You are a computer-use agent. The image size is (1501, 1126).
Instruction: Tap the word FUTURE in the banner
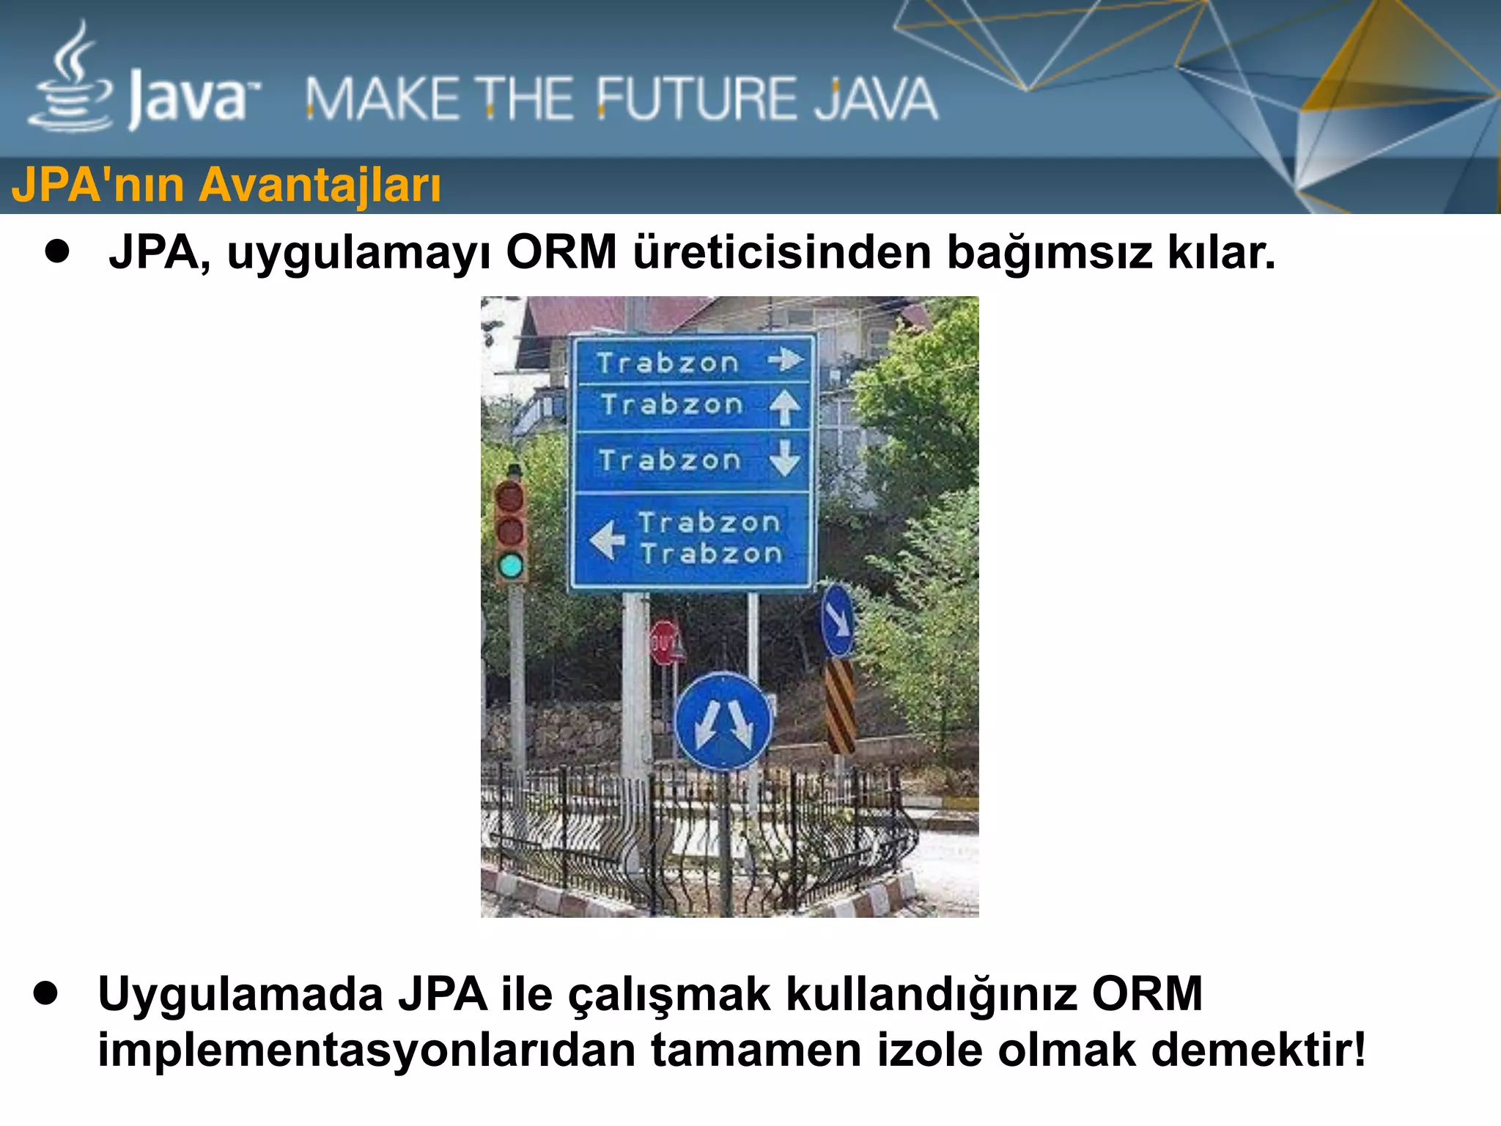click(696, 100)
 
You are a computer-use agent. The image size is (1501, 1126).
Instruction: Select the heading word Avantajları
click(320, 185)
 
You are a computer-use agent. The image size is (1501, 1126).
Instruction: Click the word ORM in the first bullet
click(561, 253)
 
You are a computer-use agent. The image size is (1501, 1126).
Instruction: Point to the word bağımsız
click(1049, 253)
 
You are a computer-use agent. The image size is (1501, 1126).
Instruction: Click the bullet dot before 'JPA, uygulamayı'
click(57, 251)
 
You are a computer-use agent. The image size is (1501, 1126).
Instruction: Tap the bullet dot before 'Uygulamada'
click(45, 993)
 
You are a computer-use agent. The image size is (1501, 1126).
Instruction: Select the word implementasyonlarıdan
click(366, 1050)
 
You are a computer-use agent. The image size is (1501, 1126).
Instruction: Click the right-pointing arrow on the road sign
click(786, 359)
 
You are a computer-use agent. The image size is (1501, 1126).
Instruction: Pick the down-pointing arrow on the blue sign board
click(785, 457)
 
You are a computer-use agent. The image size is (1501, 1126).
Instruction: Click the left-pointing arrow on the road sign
click(607, 540)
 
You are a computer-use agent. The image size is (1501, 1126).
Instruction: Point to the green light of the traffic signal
click(511, 565)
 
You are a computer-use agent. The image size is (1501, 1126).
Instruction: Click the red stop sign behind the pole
click(664, 643)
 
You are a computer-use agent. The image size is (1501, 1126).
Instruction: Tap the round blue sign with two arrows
click(723, 721)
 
